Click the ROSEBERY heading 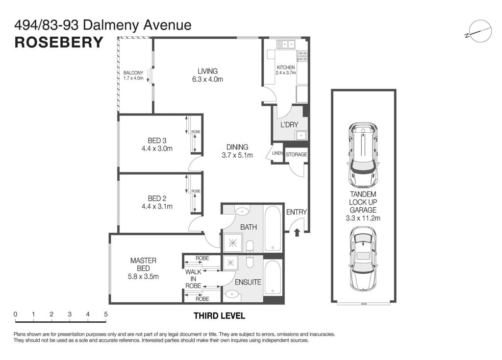pyautogui.click(x=59, y=42)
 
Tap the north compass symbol pyautogui.click(x=479, y=32)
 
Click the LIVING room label pyautogui.click(x=207, y=71)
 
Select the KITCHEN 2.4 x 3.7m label pyautogui.click(x=286, y=70)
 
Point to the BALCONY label pyautogui.click(x=133, y=72)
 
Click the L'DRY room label pyautogui.click(x=289, y=124)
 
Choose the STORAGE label pyautogui.click(x=296, y=154)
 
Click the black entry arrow pyautogui.click(x=297, y=232)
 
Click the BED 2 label pyautogui.click(x=157, y=198)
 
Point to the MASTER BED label pyautogui.click(x=143, y=264)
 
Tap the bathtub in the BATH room pyautogui.click(x=273, y=228)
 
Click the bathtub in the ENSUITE pyautogui.click(x=273, y=277)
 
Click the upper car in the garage pyautogui.click(x=363, y=155)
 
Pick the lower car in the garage pyautogui.click(x=363, y=260)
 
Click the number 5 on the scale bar pyautogui.click(x=106, y=314)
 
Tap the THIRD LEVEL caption pyautogui.click(x=219, y=316)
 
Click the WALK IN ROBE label pyautogui.click(x=193, y=279)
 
